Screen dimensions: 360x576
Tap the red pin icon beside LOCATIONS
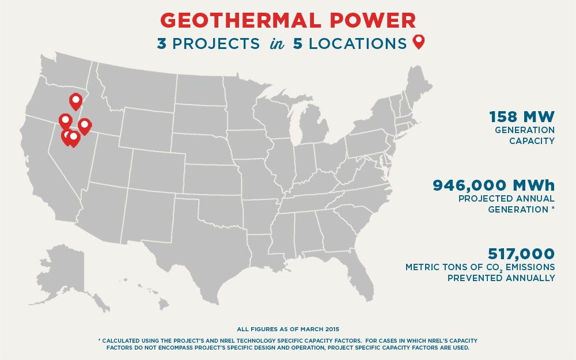click(x=419, y=41)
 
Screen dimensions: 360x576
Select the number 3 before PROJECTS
click(x=162, y=44)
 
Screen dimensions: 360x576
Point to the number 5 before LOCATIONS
click(x=298, y=44)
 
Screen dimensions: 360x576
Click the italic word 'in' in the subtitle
click(x=276, y=44)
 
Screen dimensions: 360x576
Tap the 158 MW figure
click(x=521, y=117)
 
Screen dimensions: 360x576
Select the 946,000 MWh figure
click(x=494, y=185)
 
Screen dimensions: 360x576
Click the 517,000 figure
click(x=521, y=253)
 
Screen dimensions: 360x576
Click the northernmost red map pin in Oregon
click(x=75, y=101)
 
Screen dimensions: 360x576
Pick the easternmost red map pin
click(x=84, y=126)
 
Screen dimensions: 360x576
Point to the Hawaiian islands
click(x=153, y=297)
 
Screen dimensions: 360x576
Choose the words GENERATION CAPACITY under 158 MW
click(x=524, y=135)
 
